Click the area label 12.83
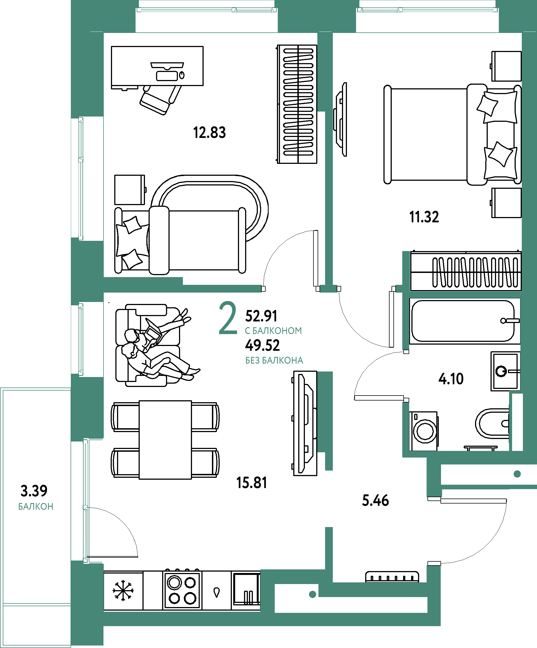click(209, 133)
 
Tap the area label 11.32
click(424, 217)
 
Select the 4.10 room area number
click(451, 379)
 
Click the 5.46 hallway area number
click(375, 500)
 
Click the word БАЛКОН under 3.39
click(36, 507)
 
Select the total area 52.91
click(261, 316)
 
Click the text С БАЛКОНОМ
click(273, 331)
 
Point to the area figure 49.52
click(263, 345)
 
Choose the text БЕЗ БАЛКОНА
click(274, 360)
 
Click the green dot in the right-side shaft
click(517, 474)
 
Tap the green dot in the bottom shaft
click(312, 594)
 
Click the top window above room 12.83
click(207, 10)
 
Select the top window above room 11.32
click(427, 10)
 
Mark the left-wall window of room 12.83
click(81, 178)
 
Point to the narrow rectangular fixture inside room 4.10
click(517, 422)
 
